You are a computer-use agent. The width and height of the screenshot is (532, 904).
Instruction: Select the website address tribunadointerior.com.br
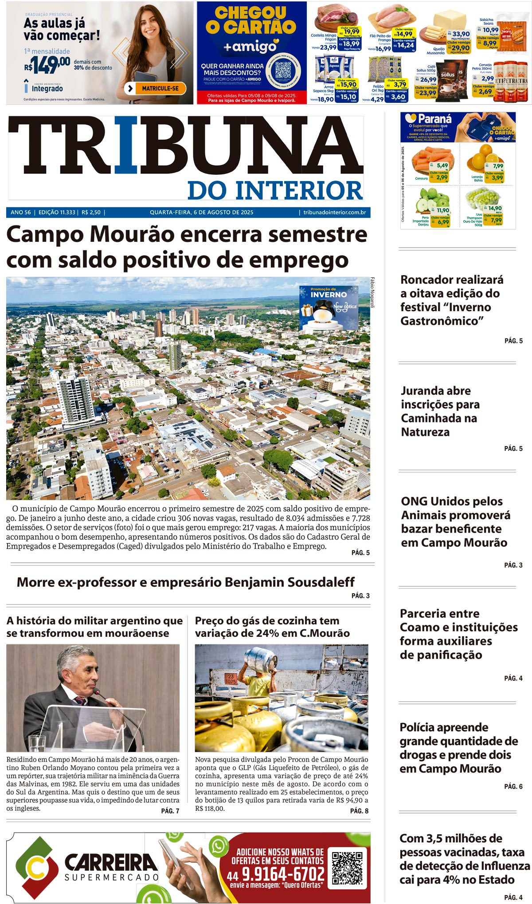(334, 213)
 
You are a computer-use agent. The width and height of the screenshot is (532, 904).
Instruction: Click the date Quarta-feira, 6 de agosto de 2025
(201, 213)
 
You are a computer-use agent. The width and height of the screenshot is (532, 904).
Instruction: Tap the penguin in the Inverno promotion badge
(325, 312)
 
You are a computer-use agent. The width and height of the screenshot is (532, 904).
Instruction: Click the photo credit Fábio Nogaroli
(372, 292)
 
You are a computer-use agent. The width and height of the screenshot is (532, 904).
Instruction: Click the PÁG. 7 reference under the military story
(170, 811)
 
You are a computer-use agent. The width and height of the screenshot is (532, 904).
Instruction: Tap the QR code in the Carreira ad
(349, 867)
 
